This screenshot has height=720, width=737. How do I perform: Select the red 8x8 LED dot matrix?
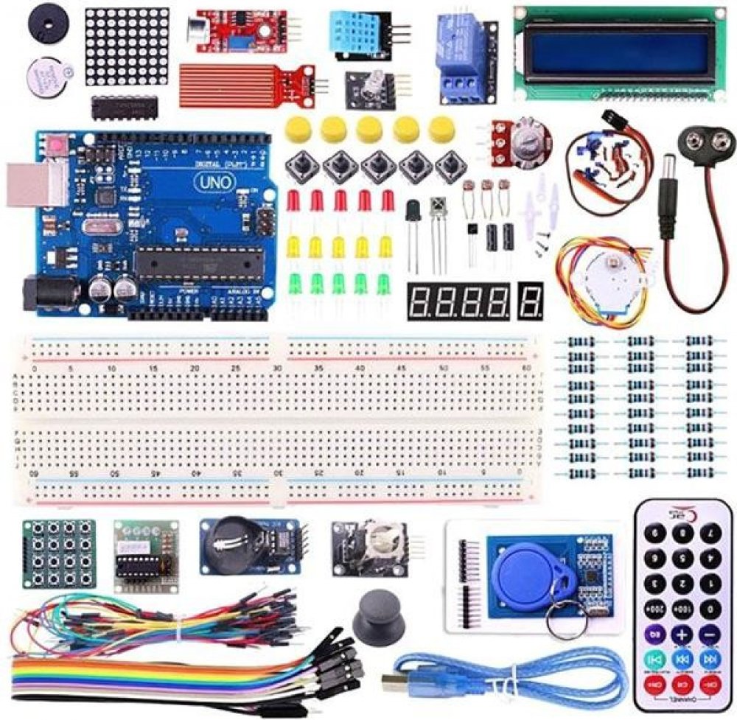click(126, 46)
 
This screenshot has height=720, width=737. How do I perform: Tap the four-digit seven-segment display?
click(458, 301)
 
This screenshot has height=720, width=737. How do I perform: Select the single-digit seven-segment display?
click(531, 301)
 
